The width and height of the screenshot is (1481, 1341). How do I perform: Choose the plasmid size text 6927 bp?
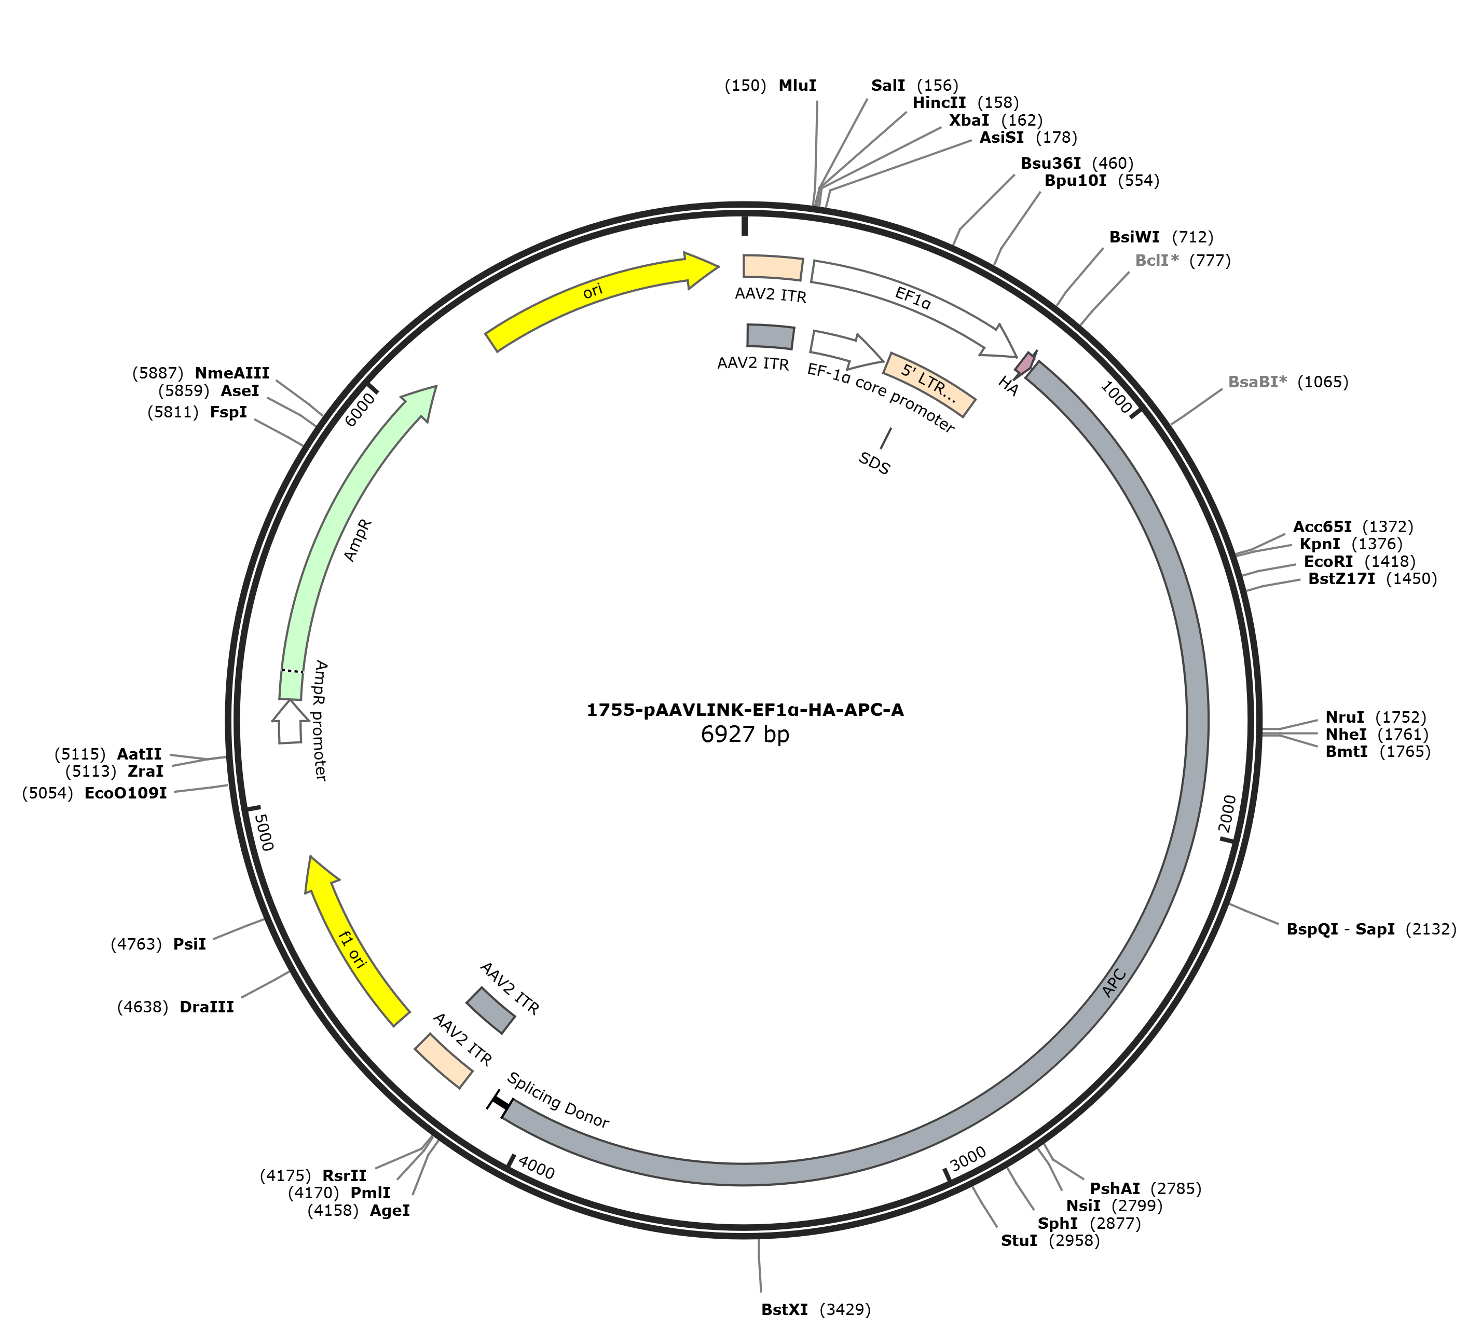pos(745,734)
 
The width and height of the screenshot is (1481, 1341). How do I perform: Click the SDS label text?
pos(874,463)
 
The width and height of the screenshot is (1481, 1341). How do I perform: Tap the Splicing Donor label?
pos(558,1100)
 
